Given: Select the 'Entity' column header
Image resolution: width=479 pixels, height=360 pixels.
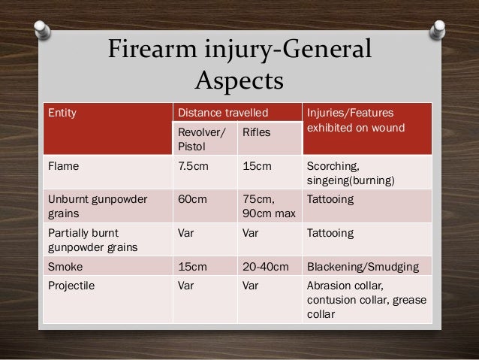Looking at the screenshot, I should pyautogui.click(x=62, y=113).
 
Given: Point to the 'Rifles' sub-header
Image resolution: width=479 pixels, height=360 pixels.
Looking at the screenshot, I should pyautogui.click(x=254, y=132).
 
